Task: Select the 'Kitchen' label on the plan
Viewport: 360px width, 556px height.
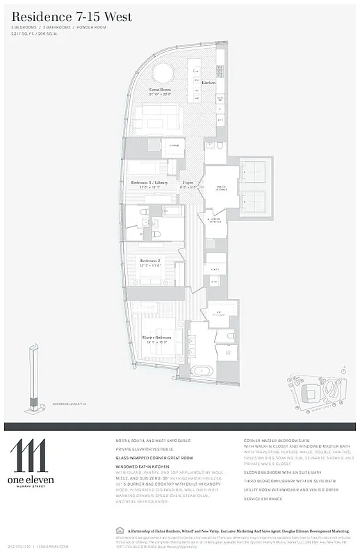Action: click(208, 83)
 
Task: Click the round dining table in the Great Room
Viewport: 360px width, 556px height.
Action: click(164, 72)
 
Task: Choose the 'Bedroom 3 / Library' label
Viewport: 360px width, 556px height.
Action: click(149, 183)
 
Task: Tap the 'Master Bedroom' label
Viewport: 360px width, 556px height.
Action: click(157, 338)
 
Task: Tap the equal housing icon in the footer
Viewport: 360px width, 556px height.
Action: click(113, 530)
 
